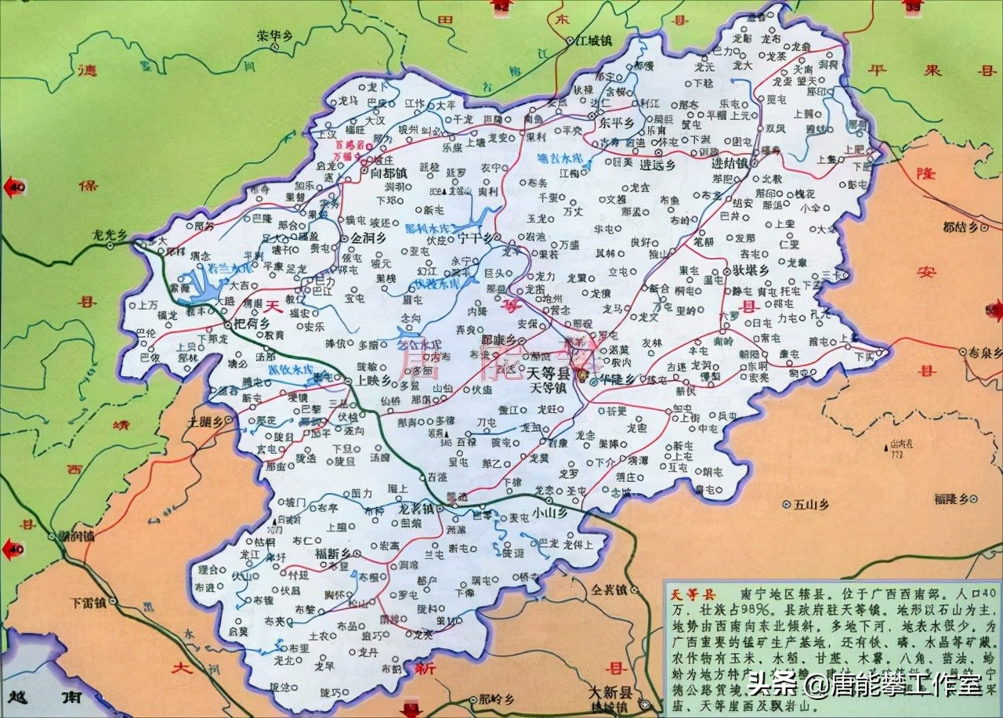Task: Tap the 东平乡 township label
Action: coord(616,124)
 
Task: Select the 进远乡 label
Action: coord(657,165)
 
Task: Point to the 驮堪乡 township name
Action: coord(751,270)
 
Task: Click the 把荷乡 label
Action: coord(252,322)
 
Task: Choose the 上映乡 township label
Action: coord(372,380)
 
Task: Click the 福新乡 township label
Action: coord(332,553)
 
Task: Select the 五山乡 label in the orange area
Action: coord(810,504)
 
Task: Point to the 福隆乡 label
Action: coord(957,499)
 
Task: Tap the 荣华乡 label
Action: coord(273,35)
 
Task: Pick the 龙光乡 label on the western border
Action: coord(110,234)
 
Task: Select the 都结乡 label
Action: coord(961,228)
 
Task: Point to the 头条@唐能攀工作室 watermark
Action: coord(864,685)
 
